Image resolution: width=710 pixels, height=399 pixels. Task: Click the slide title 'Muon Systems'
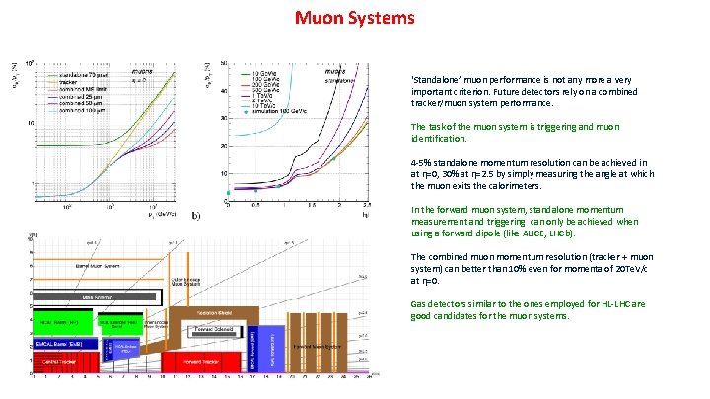[355, 19]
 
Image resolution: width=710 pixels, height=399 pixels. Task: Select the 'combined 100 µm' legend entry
[82, 110]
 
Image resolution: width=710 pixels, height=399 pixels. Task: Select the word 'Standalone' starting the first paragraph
[431, 79]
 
